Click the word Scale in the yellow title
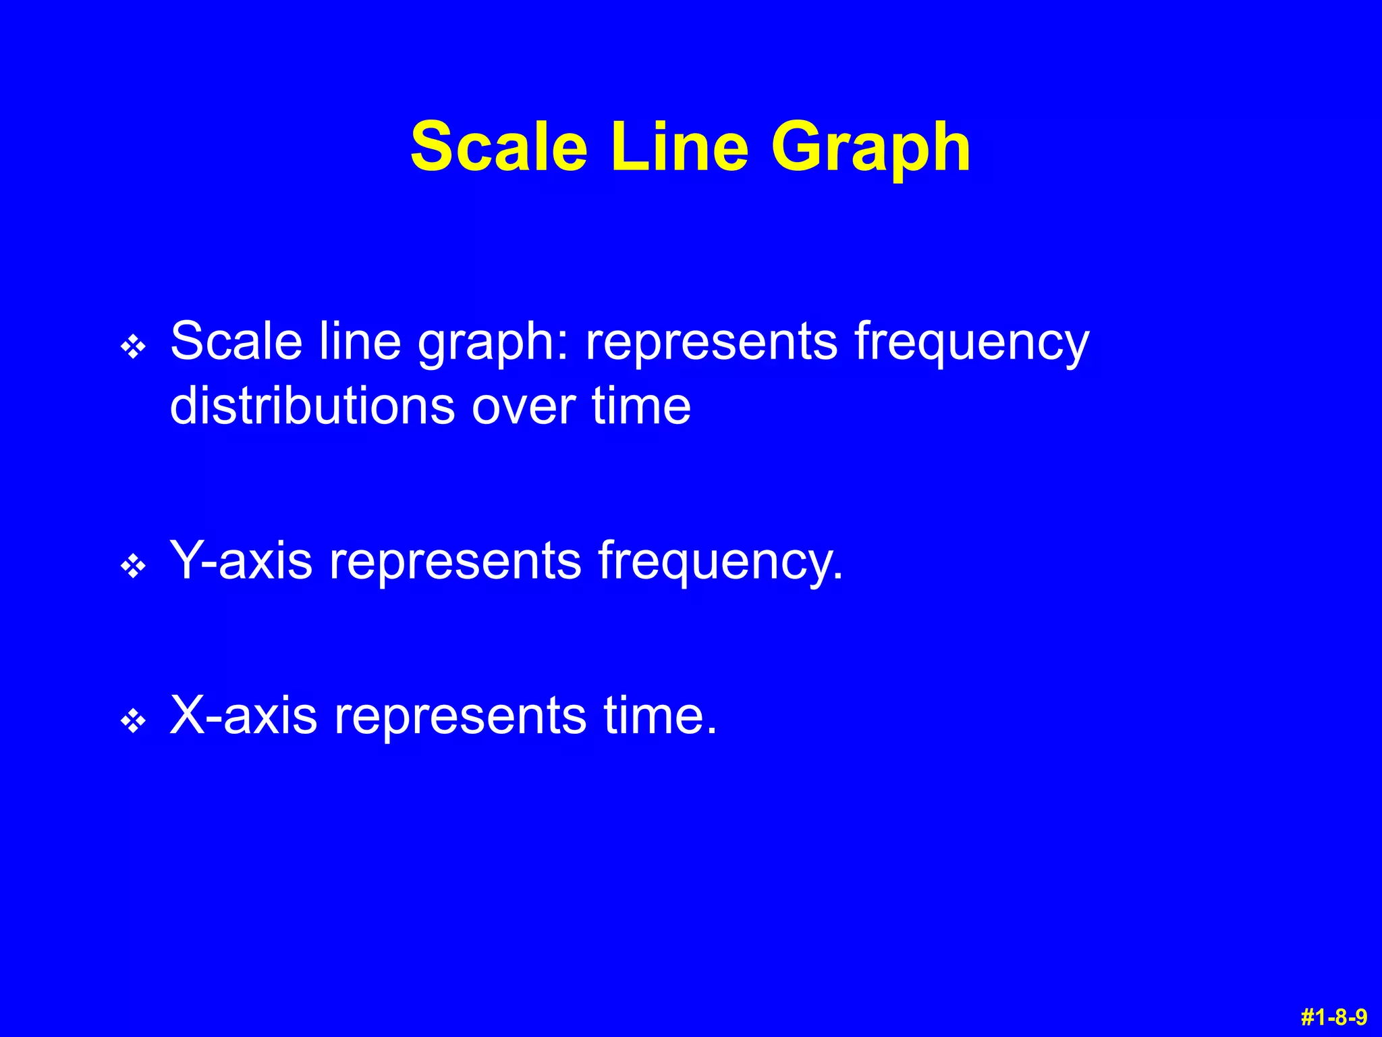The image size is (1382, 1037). click(499, 147)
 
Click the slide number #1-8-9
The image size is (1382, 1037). click(1333, 1016)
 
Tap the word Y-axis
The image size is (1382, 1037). click(241, 560)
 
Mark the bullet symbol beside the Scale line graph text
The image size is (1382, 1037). click(133, 347)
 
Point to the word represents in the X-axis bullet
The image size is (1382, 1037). click(460, 716)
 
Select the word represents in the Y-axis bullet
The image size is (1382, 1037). click(455, 561)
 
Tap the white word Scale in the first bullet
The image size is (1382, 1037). click(236, 340)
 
